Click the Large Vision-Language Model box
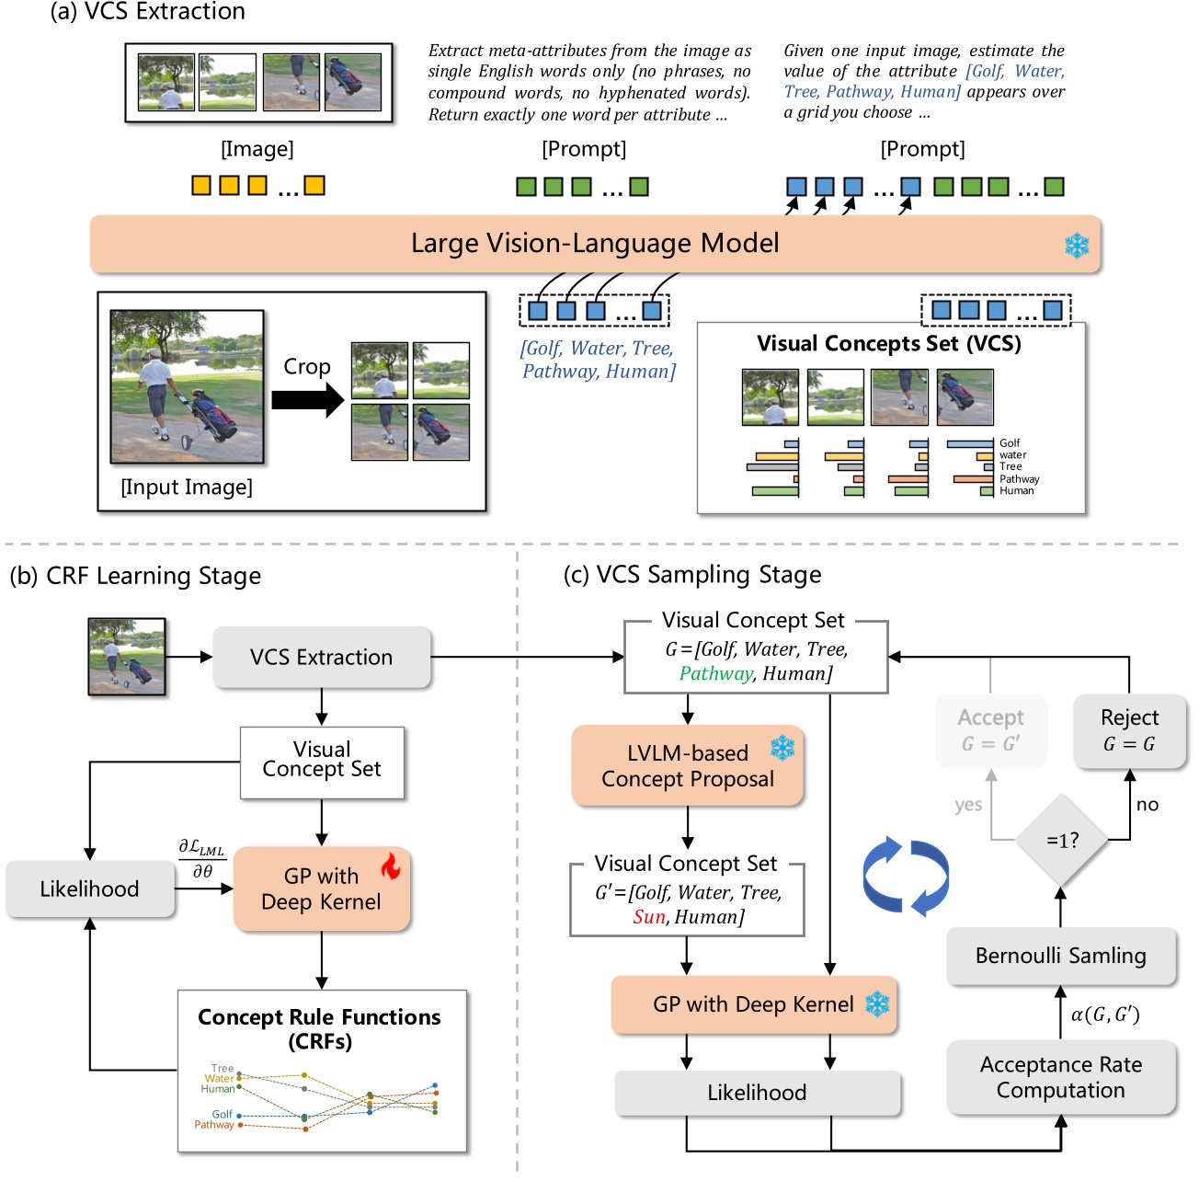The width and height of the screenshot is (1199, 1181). tap(595, 244)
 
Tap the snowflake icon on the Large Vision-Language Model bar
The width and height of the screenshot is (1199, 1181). tap(1077, 246)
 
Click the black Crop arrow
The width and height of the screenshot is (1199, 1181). tap(307, 400)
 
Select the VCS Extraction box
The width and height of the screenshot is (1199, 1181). tap(321, 657)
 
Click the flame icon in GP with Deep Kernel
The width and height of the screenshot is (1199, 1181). tap(391, 866)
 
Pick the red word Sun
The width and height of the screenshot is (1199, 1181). tap(648, 917)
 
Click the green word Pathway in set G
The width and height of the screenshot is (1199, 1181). tap(715, 673)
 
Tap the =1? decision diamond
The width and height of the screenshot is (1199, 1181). tap(1061, 840)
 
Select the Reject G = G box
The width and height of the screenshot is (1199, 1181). tap(1129, 730)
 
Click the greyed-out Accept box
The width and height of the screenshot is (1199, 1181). tap(990, 730)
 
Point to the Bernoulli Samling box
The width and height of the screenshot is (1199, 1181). tap(1061, 956)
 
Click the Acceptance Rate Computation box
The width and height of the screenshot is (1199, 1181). tap(1061, 1077)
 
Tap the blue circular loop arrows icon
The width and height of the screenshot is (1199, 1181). tap(906, 875)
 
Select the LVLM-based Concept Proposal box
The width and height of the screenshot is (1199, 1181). tap(687, 765)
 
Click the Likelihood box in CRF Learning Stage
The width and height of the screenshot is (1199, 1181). tap(89, 889)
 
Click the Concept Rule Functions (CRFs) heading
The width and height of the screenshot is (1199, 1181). tap(319, 1028)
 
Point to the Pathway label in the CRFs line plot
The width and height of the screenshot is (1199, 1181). tap(213, 1125)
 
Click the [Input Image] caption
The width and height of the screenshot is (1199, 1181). tap(187, 487)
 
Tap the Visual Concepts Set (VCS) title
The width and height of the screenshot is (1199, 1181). tap(888, 344)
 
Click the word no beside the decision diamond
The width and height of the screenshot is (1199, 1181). tap(1147, 805)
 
